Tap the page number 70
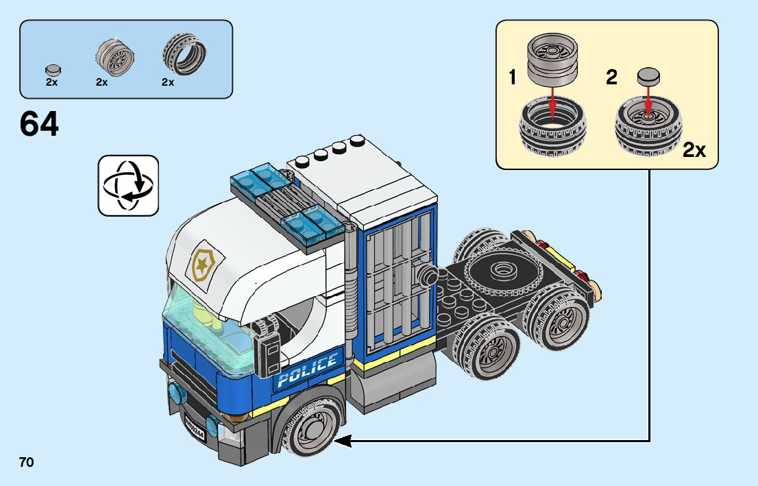[x=26, y=463]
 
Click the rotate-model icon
[x=128, y=185]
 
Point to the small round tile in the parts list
[x=52, y=69]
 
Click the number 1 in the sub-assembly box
[x=512, y=77]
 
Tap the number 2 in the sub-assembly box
[x=611, y=77]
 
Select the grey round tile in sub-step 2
[x=648, y=75]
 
